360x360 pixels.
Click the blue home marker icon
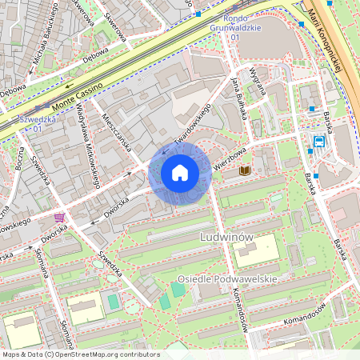(x=180, y=172)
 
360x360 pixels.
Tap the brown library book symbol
(x=245, y=171)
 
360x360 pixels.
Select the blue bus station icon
(x=319, y=142)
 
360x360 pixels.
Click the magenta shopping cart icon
(x=59, y=218)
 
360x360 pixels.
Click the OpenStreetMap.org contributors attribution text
(x=105, y=354)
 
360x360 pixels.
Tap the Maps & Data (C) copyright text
(x=28, y=354)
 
